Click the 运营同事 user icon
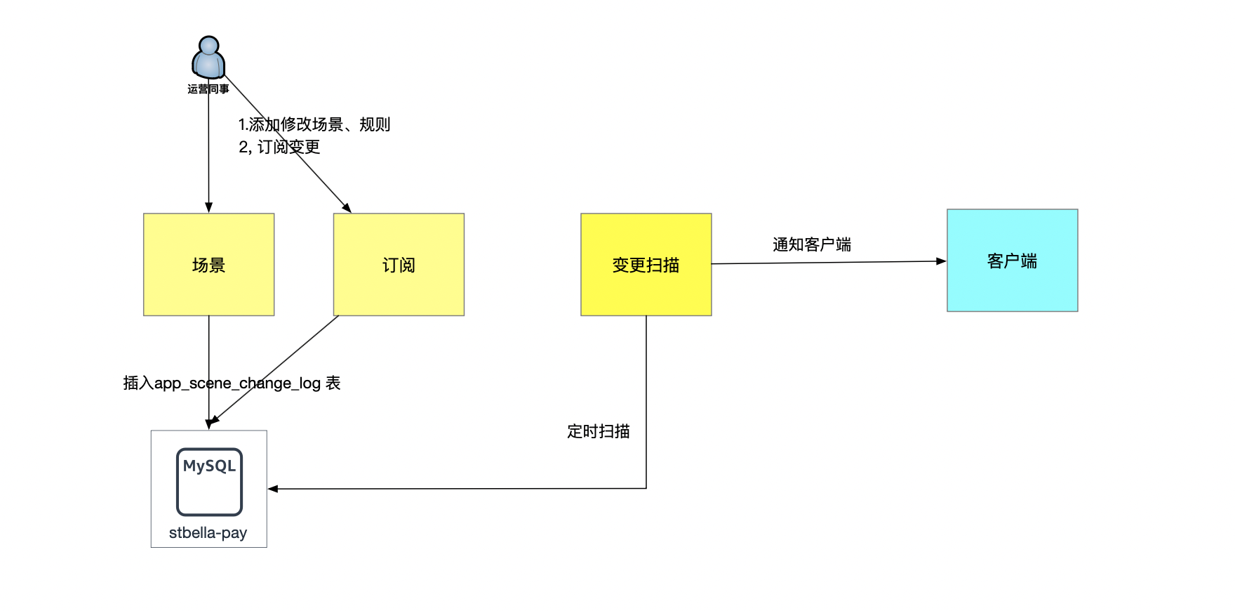click(208, 58)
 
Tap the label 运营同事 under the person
click(208, 89)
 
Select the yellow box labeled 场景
click(208, 265)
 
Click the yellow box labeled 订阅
click(399, 265)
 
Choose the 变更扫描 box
click(646, 265)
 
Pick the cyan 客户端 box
click(1012, 261)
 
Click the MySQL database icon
click(209, 482)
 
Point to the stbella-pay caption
click(208, 533)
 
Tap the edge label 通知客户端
click(812, 244)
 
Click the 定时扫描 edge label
click(599, 431)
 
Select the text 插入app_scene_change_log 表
click(232, 383)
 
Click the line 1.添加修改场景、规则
click(314, 124)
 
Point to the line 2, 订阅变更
click(279, 147)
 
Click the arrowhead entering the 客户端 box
click(942, 261)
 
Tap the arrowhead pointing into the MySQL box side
click(273, 489)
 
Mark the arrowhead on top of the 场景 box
click(208, 208)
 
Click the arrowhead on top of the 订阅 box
click(347, 208)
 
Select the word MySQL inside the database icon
click(209, 466)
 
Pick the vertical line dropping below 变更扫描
click(646, 393)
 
